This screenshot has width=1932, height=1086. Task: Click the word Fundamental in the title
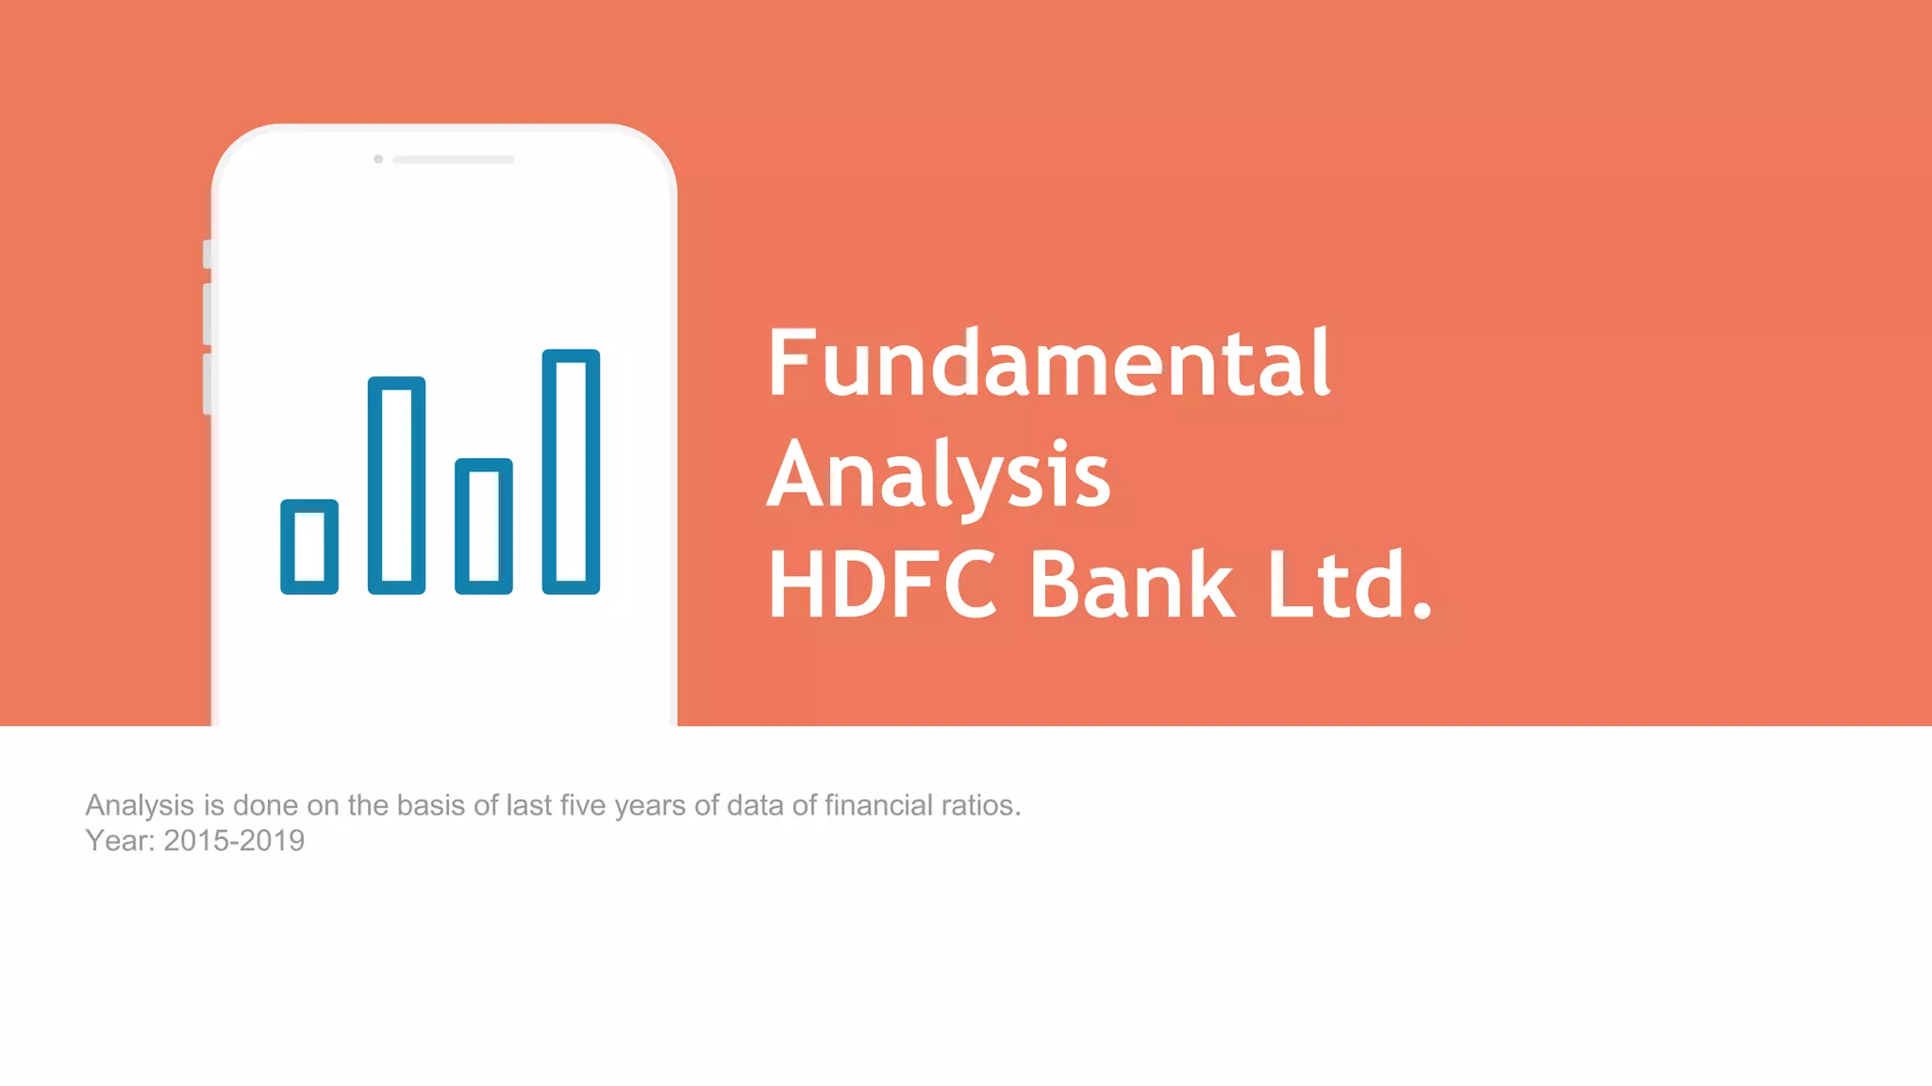pos(1049,363)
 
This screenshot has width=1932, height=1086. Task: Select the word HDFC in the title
pos(882,585)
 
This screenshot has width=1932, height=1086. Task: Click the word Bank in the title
pos(1131,585)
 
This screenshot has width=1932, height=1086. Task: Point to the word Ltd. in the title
pos(1350,585)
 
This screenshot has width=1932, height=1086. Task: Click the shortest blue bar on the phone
pos(309,547)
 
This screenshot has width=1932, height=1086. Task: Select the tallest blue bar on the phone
pos(571,471)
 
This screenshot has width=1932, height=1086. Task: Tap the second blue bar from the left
pos(396,485)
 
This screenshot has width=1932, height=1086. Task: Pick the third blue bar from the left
pos(484,526)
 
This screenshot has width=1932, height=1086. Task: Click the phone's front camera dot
pos(378,159)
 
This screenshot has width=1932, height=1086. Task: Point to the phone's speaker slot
pos(453,159)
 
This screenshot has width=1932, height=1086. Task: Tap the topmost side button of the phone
pos(208,254)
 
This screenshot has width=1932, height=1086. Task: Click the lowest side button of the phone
pos(208,384)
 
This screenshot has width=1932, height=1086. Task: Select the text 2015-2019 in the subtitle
pos(234,841)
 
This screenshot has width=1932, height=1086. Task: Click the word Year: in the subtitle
pos(120,841)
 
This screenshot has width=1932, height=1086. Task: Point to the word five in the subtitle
pos(583,806)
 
